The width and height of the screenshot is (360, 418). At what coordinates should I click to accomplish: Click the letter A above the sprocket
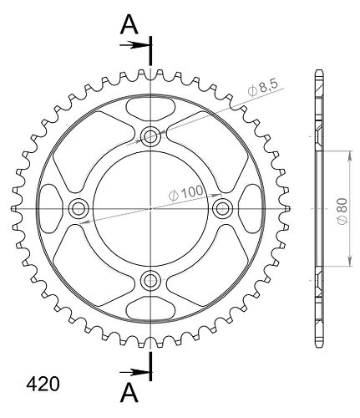[x=129, y=25]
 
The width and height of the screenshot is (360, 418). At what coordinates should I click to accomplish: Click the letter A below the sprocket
[x=129, y=393]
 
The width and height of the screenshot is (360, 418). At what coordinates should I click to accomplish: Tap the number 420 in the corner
[x=43, y=385]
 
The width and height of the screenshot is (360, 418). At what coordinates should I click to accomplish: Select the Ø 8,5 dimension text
[x=263, y=88]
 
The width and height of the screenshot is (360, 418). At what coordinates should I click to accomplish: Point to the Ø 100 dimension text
[x=186, y=192]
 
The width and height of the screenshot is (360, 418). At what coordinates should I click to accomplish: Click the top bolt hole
[x=150, y=136]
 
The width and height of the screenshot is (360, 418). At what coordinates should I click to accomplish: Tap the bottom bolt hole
[x=150, y=280]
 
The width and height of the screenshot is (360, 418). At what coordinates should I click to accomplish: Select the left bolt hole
[x=79, y=208]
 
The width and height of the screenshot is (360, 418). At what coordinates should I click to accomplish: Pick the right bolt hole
[x=222, y=208]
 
